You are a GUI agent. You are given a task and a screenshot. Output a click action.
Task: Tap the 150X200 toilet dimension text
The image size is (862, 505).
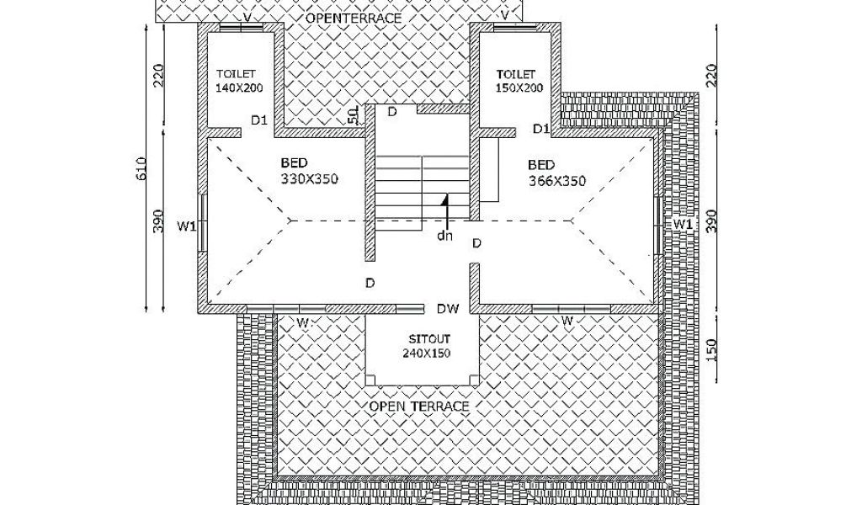click(519, 87)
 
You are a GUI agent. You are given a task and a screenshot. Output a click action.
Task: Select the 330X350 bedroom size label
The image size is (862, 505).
click(310, 179)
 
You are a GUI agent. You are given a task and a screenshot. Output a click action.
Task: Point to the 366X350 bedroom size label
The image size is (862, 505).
click(557, 180)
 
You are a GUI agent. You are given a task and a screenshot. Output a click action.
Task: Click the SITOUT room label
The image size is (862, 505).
click(426, 339)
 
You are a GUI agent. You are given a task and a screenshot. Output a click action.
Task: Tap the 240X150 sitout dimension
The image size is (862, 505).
click(426, 353)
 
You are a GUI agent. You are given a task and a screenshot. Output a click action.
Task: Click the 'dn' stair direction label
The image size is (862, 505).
click(444, 236)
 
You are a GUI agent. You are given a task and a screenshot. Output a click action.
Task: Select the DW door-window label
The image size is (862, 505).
click(448, 309)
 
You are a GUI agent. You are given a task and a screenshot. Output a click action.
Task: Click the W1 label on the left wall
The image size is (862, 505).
click(186, 226)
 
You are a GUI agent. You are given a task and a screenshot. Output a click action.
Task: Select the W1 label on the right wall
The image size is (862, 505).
click(683, 225)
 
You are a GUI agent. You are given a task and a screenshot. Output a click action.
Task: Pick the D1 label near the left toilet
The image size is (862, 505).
click(259, 120)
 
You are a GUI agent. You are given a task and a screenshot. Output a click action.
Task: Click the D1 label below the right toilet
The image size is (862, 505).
click(541, 128)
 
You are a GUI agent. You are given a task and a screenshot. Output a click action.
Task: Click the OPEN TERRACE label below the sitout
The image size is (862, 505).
click(418, 406)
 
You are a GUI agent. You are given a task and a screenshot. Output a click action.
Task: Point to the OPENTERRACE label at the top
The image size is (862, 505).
click(353, 18)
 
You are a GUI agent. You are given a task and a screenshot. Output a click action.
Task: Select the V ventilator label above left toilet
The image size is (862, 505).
click(247, 15)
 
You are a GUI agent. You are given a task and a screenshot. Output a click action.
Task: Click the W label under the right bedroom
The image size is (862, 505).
click(567, 321)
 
